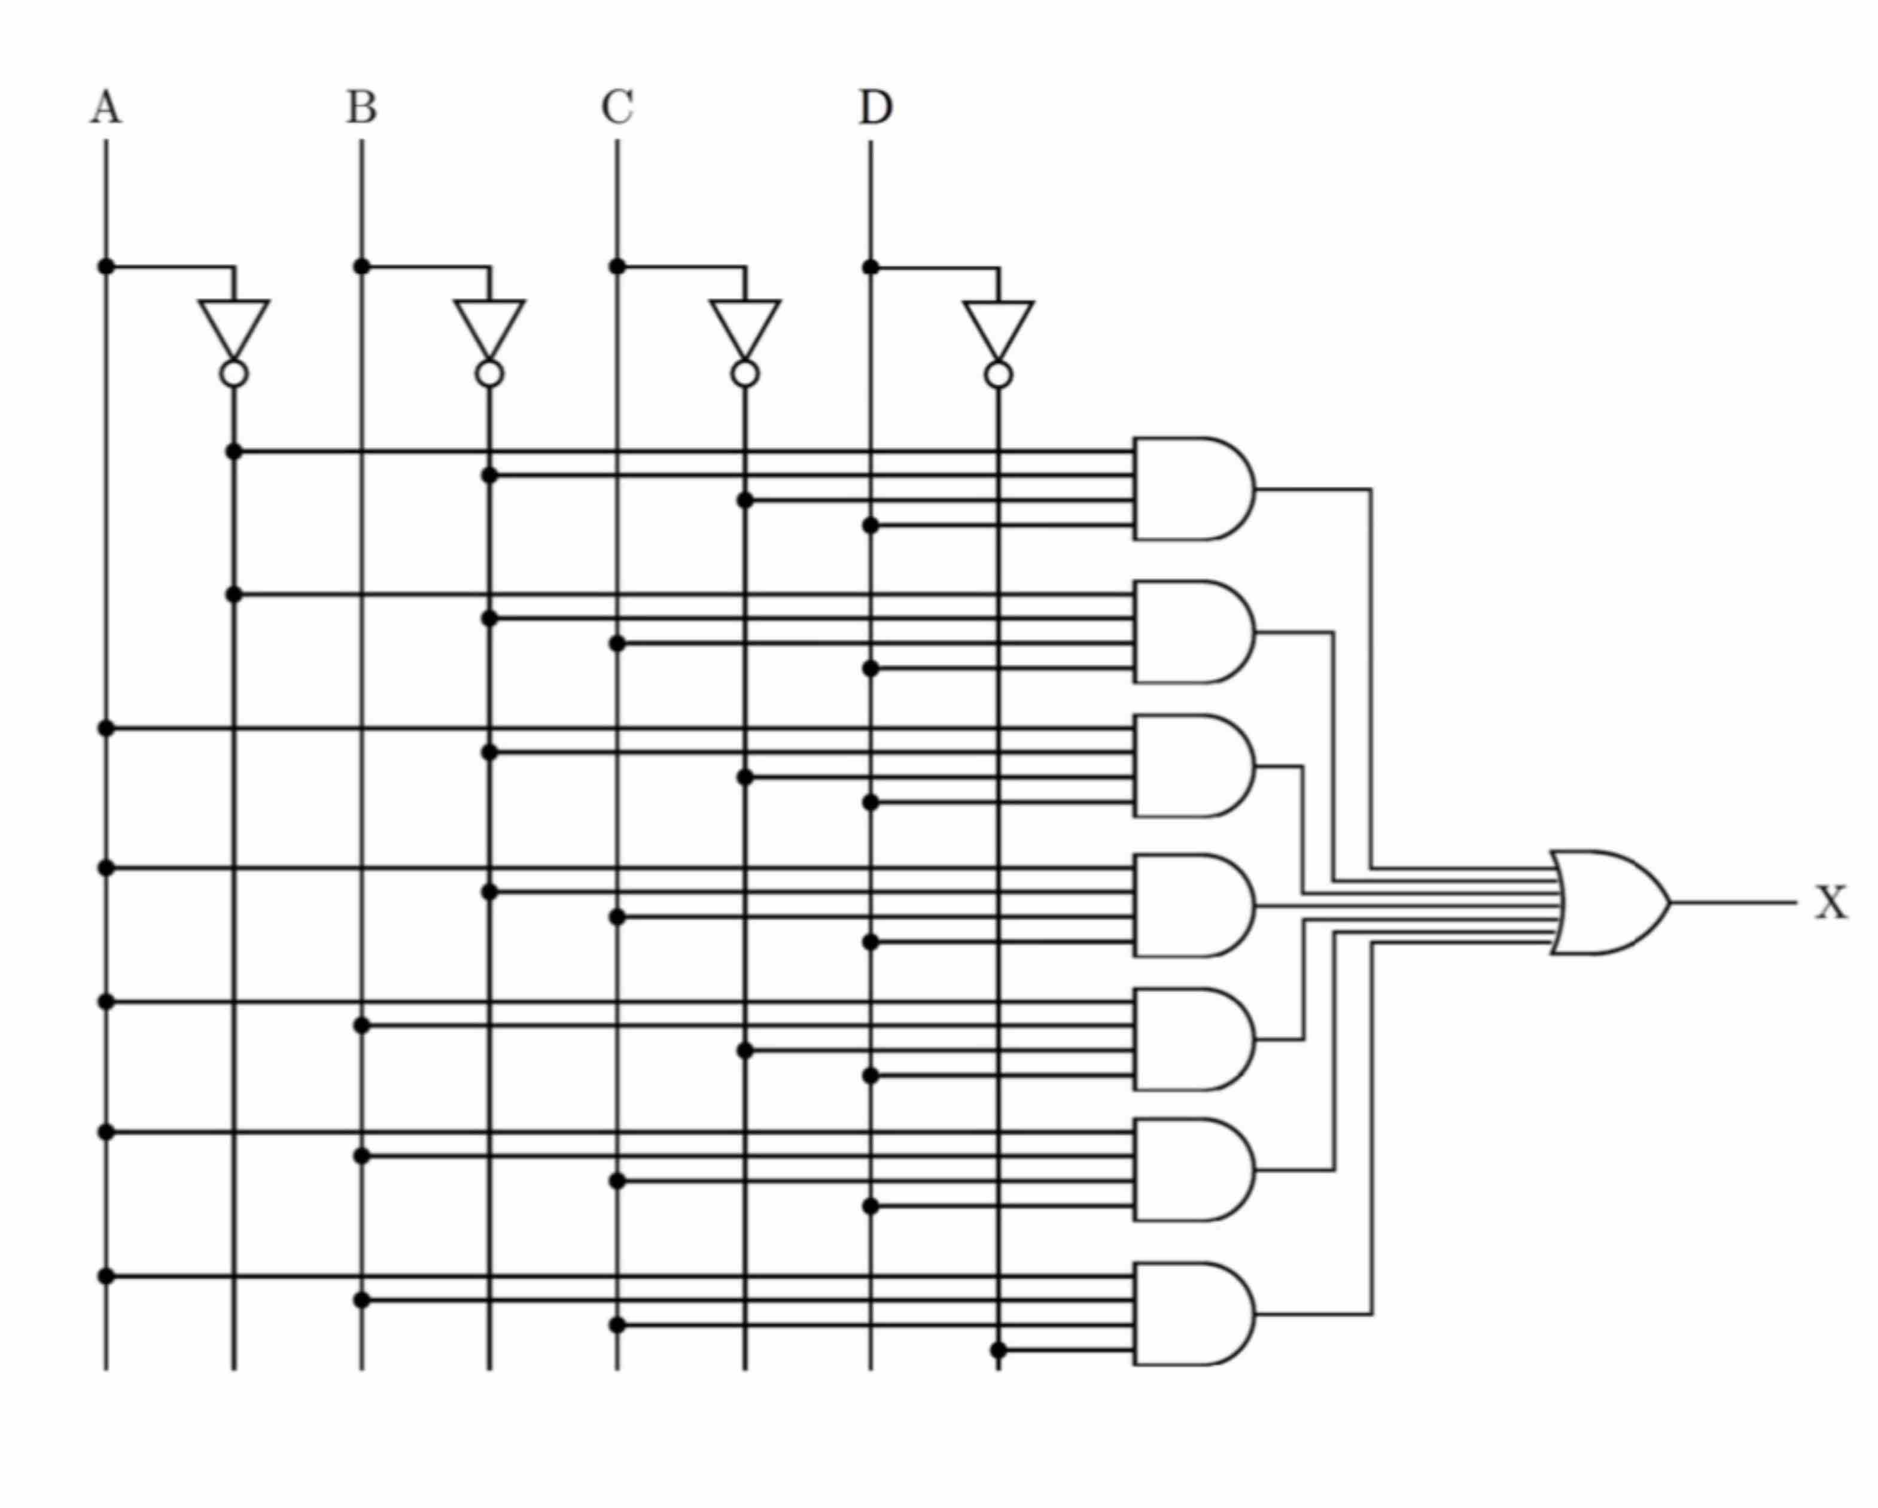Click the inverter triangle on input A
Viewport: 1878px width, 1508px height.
coord(233,324)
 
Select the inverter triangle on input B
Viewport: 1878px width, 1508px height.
coord(489,324)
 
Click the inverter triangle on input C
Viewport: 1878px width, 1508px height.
coord(745,324)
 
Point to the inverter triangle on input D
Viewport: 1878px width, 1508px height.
coord(999,325)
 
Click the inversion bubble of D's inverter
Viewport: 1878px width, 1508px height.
coord(999,375)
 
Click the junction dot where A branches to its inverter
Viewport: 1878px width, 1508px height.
coord(106,266)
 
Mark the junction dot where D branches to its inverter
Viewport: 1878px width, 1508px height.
coord(870,266)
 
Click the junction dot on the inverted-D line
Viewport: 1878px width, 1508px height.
coord(999,1350)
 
